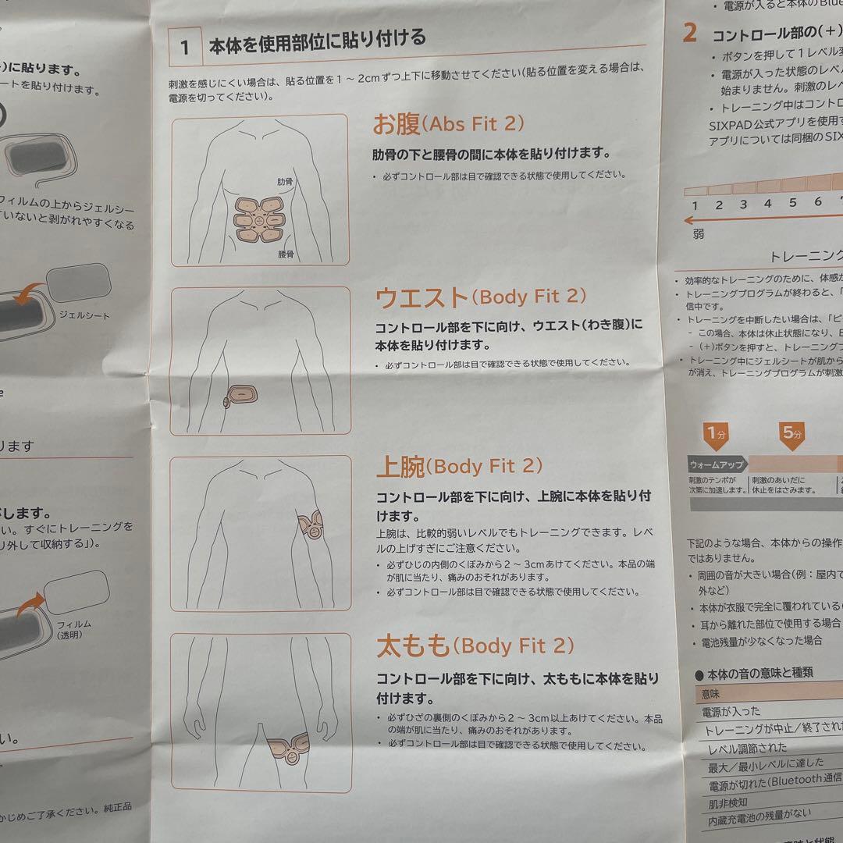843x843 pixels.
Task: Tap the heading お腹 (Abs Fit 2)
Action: pos(448,123)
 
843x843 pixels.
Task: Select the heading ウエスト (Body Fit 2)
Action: pos(480,297)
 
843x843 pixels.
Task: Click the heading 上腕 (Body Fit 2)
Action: pos(459,467)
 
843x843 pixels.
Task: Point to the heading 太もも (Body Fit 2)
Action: pos(475,646)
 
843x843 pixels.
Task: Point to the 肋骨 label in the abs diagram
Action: pos(285,182)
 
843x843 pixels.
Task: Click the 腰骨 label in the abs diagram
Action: pos(286,254)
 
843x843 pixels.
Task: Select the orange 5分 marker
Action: pos(791,433)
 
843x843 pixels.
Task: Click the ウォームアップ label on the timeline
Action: pos(715,464)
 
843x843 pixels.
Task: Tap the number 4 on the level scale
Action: pos(767,204)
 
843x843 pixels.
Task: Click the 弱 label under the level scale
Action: pos(698,233)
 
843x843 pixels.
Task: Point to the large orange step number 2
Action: pos(689,33)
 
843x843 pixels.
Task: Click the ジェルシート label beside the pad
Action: pos(84,316)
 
